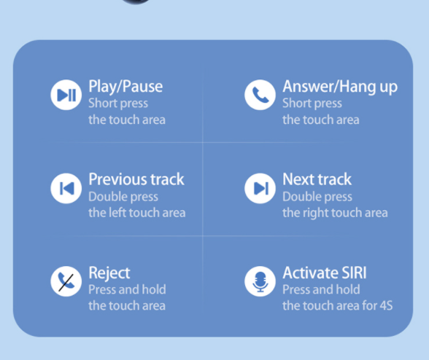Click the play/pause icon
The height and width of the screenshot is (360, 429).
click(66, 95)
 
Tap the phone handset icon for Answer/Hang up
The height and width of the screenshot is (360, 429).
click(260, 95)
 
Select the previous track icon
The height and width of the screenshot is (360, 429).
click(66, 188)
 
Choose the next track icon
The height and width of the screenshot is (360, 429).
click(260, 188)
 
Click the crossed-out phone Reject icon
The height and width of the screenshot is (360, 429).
click(66, 281)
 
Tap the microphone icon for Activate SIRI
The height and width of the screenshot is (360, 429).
click(260, 281)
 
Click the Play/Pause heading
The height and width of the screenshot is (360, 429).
click(125, 87)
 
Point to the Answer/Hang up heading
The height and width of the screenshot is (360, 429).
click(340, 87)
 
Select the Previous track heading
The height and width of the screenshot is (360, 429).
click(136, 179)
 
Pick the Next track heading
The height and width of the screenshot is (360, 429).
click(317, 179)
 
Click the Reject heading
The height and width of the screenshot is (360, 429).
click(109, 273)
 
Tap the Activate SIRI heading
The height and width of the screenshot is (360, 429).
click(325, 273)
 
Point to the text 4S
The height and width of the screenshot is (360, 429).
click(387, 305)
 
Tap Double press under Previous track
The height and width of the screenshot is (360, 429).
click(123, 197)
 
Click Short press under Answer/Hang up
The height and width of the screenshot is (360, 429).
click(312, 103)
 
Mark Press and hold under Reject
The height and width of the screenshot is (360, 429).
click(127, 289)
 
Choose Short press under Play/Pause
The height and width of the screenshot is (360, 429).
click(118, 103)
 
